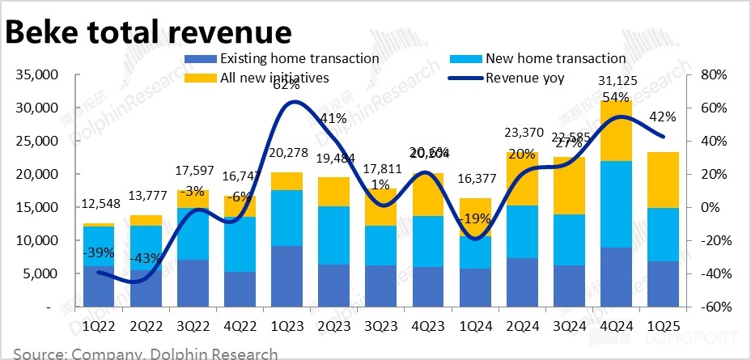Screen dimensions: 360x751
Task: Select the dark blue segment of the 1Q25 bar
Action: pos(662,284)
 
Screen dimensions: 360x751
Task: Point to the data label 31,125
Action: pos(615,79)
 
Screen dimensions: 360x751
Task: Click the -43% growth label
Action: pos(146,257)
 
